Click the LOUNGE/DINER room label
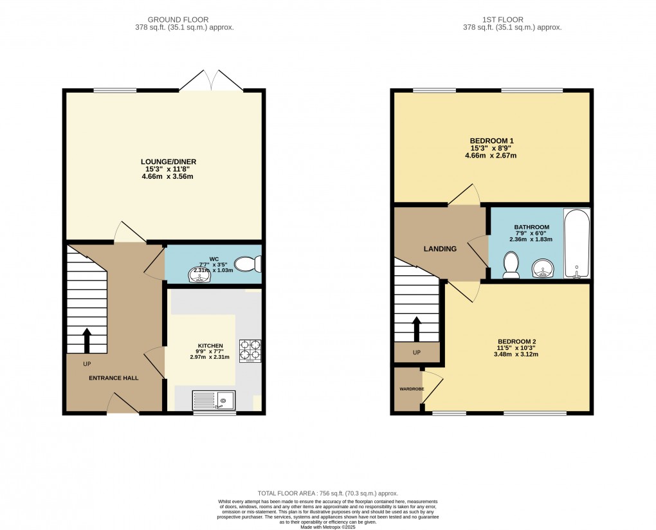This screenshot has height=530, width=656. click(169, 161)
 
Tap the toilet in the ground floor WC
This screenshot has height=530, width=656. click(247, 264)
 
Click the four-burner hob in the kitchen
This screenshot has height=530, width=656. click(250, 351)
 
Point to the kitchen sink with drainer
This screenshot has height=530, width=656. click(214, 401)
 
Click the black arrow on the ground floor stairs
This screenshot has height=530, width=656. click(87, 341)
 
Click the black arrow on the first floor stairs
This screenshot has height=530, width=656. click(417, 329)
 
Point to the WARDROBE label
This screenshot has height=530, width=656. click(407, 388)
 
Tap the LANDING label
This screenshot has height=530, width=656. click(440, 249)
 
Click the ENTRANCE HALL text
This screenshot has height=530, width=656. click(114, 378)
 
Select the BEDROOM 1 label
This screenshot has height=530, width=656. click(491, 141)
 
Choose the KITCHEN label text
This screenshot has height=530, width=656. click(210, 345)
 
